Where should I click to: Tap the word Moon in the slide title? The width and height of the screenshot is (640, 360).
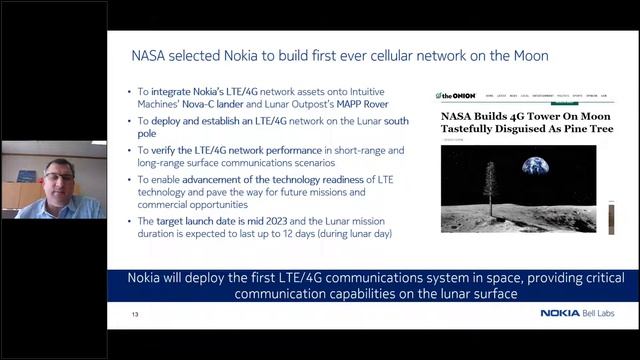pos(528,56)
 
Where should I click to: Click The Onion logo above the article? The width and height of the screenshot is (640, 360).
pos(456,96)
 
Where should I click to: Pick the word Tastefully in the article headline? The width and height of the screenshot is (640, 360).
pos(476,129)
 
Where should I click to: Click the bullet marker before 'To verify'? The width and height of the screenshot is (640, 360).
pos(130,151)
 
